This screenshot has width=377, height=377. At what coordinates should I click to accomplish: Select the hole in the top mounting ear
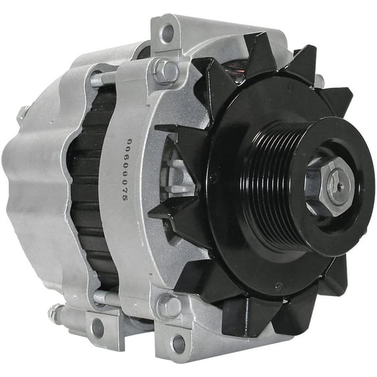tap(168, 31)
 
